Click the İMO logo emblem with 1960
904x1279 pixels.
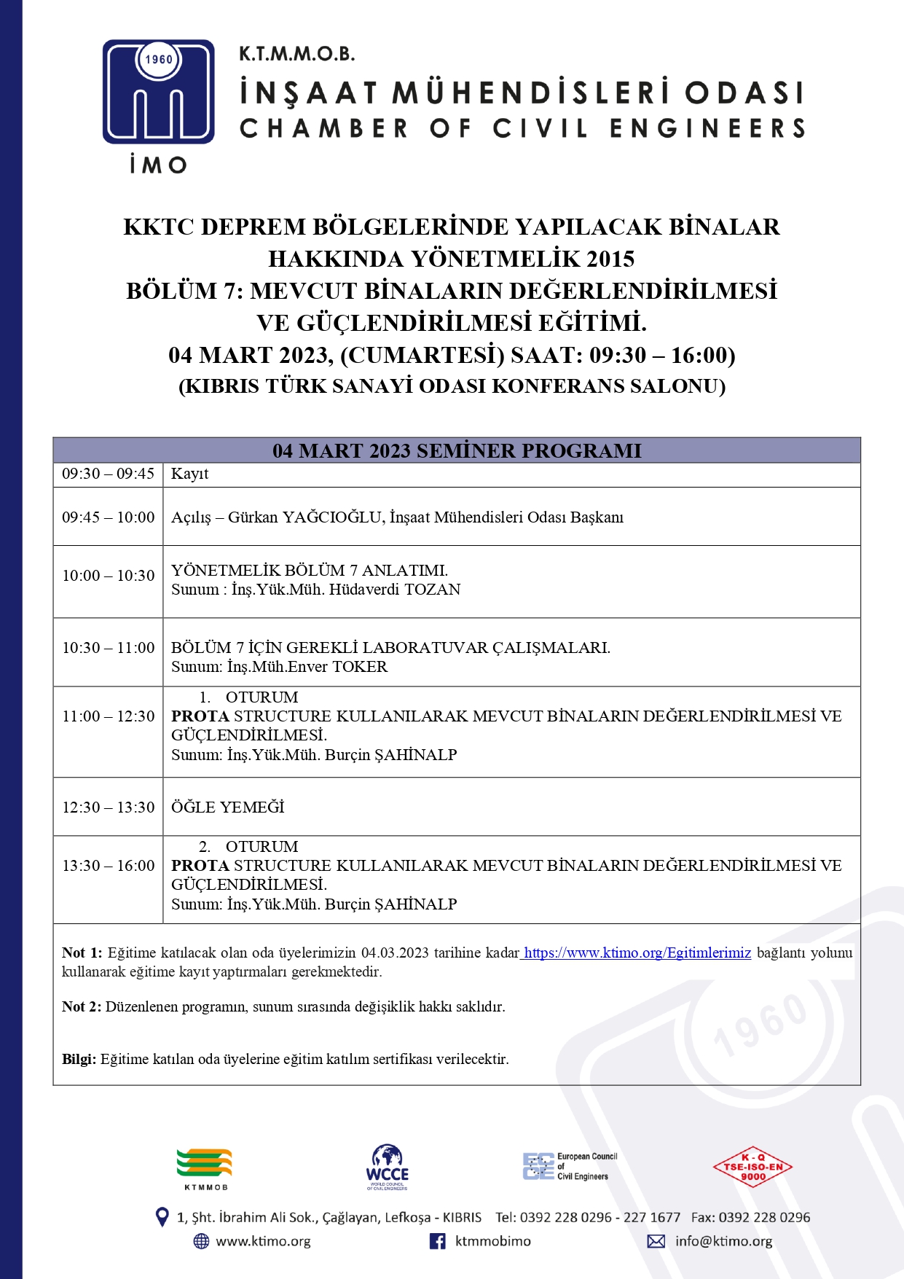(159, 92)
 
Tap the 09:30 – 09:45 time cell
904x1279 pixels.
(108, 474)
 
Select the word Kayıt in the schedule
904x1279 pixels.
(189, 474)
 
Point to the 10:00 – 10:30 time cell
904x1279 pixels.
(108, 576)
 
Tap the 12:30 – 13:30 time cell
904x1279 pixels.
(108, 807)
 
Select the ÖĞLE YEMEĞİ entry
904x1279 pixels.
(227, 807)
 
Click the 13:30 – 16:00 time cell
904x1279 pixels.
(108, 866)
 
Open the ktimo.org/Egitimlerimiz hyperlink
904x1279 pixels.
(637, 953)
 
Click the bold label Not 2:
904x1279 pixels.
(82, 1006)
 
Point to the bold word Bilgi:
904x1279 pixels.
(79, 1059)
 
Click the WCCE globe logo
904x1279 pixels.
(387, 1166)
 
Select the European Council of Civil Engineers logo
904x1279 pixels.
(570, 1166)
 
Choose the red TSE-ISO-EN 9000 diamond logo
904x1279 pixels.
(752, 1167)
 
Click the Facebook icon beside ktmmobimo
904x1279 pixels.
(437, 1241)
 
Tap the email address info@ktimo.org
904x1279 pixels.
(723, 1241)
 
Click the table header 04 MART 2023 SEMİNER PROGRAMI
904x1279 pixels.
(457, 450)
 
